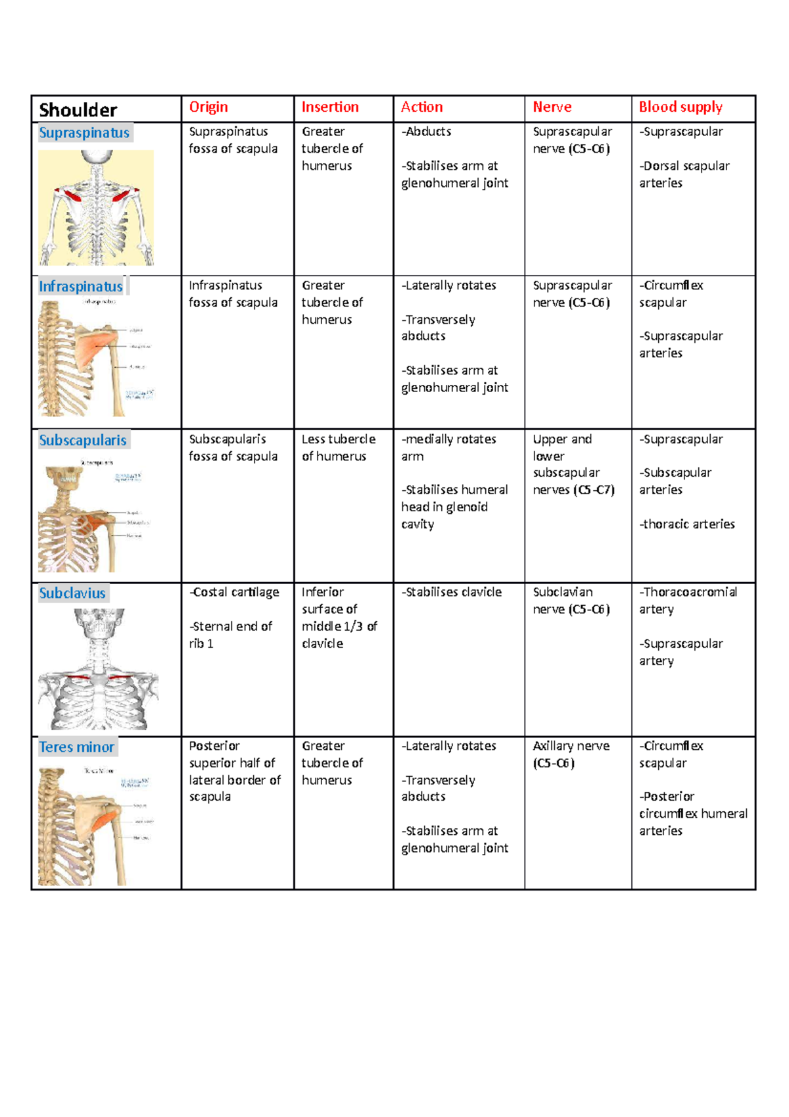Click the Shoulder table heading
[x=78, y=110]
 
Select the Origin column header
[x=208, y=107]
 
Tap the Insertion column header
[x=330, y=107]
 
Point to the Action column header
[x=421, y=107]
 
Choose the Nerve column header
[x=552, y=107]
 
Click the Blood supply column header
[x=681, y=107]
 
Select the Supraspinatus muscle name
[x=84, y=133]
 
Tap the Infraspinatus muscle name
[x=81, y=287]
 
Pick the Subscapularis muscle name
[x=83, y=440]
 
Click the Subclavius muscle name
[x=72, y=593]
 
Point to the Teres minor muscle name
[x=77, y=747]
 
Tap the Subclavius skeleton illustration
[x=98, y=668]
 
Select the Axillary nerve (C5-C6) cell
[x=571, y=755]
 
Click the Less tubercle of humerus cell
[x=338, y=447]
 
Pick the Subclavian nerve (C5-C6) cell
[x=571, y=601]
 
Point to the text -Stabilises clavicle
[x=452, y=592]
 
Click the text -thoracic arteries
[x=687, y=524]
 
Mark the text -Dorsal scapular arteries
[x=684, y=174]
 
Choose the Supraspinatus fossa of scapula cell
[x=233, y=140]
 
